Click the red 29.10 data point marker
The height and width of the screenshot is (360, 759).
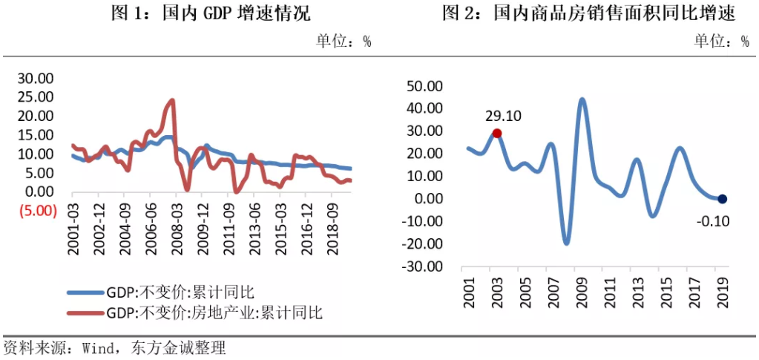click(x=497, y=134)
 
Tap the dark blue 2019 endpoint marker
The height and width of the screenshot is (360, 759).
click(x=723, y=199)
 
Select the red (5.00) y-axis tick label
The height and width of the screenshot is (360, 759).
click(x=36, y=211)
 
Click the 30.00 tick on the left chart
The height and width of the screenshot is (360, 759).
click(x=36, y=78)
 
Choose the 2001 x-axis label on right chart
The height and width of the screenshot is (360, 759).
click(x=468, y=290)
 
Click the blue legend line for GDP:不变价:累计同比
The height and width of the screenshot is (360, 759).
click(x=85, y=292)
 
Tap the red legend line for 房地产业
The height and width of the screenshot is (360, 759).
click(x=85, y=312)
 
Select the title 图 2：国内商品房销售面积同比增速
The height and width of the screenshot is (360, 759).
click(x=588, y=13)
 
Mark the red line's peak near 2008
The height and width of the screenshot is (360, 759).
click(x=172, y=100)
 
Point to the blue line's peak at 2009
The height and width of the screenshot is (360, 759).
click(x=582, y=99)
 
